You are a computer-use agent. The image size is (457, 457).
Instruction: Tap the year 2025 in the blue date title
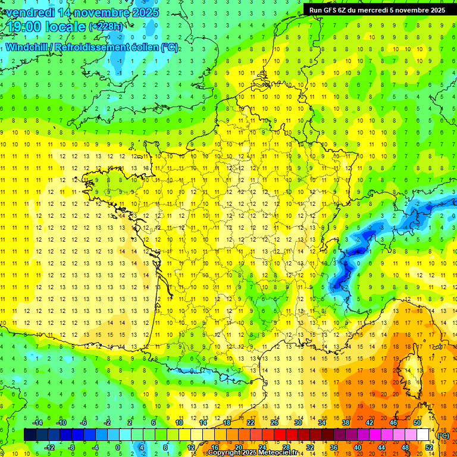[x=143, y=12]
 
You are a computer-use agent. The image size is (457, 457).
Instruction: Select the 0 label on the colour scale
[x=118, y=447]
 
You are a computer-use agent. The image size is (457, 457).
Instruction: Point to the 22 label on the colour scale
[x=251, y=422]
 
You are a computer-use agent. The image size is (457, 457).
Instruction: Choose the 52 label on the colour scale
[x=429, y=447]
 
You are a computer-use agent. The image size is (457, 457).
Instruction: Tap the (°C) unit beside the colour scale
[x=443, y=436]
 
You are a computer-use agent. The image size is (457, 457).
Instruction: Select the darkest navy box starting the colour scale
[x=30, y=435]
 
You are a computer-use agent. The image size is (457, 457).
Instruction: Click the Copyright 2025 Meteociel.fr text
[x=253, y=453]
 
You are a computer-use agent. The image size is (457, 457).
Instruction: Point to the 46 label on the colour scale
[x=393, y=422]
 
